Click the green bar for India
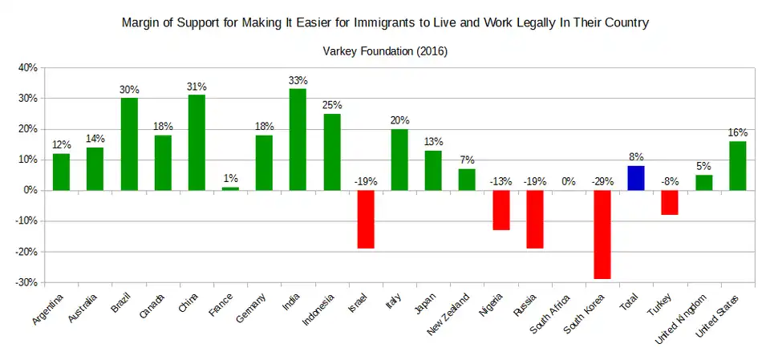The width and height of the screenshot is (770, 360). [298, 140]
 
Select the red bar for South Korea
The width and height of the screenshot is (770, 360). [602, 234]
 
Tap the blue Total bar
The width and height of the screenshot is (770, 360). [636, 178]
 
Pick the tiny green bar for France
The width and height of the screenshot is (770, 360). [230, 188]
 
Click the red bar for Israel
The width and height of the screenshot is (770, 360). [366, 219]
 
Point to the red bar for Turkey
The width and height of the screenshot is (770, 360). [670, 202]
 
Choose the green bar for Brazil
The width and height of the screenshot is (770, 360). [129, 144]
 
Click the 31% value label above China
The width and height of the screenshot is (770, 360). [197, 87]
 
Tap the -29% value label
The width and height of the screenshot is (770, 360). [602, 181]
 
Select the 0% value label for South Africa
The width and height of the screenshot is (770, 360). [569, 181]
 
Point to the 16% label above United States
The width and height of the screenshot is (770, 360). [738, 132]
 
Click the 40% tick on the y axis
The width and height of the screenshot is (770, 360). [27, 68]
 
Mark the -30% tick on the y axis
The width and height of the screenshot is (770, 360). [26, 282]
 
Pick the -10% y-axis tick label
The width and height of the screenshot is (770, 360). [26, 221]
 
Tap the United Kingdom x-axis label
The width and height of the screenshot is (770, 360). [682, 318]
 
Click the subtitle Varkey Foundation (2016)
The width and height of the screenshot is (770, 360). [385, 51]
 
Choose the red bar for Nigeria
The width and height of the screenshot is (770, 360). [500, 210]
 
